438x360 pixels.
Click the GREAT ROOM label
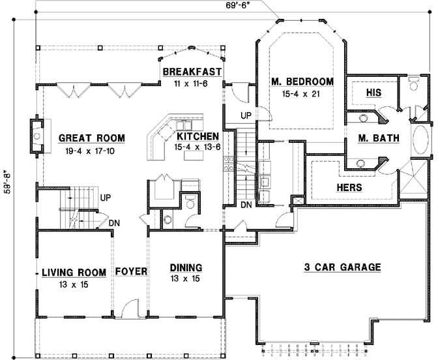[x=92, y=138]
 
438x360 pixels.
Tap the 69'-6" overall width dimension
[x=237, y=6]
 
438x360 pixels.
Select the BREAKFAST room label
[x=192, y=72]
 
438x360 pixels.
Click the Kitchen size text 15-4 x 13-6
[x=197, y=147]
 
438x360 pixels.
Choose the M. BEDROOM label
[x=302, y=82]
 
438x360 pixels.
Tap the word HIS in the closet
[x=373, y=93]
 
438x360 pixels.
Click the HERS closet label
[x=349, y=187]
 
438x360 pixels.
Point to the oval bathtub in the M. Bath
[x=420, y=140]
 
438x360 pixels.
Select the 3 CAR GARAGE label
[x=342, y=267]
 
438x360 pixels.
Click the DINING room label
[x=186, y=267]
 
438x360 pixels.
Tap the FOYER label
[x=131, y=271]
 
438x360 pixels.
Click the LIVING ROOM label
[x=74, y=272]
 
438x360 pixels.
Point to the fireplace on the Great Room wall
[x=37, y=136]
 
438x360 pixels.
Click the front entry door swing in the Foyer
[x=130, y=308]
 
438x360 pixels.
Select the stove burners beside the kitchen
[x=228, y=164]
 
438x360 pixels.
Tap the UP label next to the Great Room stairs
[x=106, y=198]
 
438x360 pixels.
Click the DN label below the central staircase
[x=246, y=205]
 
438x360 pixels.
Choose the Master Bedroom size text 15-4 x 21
[x=300, y=94]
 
